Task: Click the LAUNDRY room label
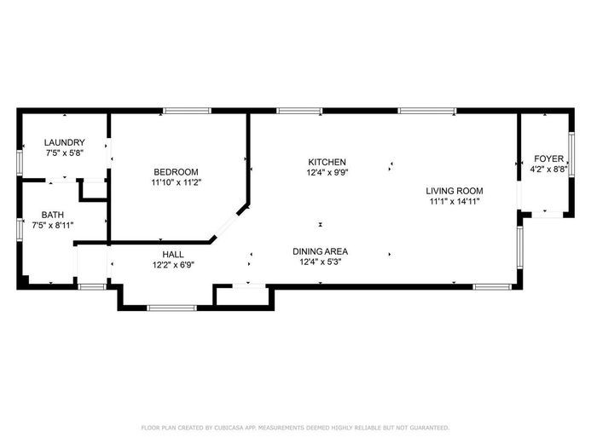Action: coord(65,142)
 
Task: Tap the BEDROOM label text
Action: coord(176,172)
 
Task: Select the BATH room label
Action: coord(53,215)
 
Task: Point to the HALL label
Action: coord(173,254)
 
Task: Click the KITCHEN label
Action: coord(327,162)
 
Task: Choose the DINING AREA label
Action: coord(321,251)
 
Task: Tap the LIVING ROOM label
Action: coord(455,191)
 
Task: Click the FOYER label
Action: coord(549,158)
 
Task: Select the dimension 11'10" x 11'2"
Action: coord(177,183)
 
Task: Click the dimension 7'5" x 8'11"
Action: coord(53,226)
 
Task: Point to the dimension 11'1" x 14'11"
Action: coord(455,201)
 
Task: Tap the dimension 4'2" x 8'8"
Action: coord(549,170)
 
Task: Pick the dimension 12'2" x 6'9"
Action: coord(173,265)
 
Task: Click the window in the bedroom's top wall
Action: coord(187,111)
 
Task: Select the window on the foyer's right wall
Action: coord(571,154)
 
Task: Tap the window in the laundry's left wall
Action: coord(20,163)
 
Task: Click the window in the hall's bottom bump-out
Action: coord(172,308)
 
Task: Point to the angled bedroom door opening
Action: coord(225,225)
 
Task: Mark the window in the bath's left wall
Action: coord(20,229)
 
